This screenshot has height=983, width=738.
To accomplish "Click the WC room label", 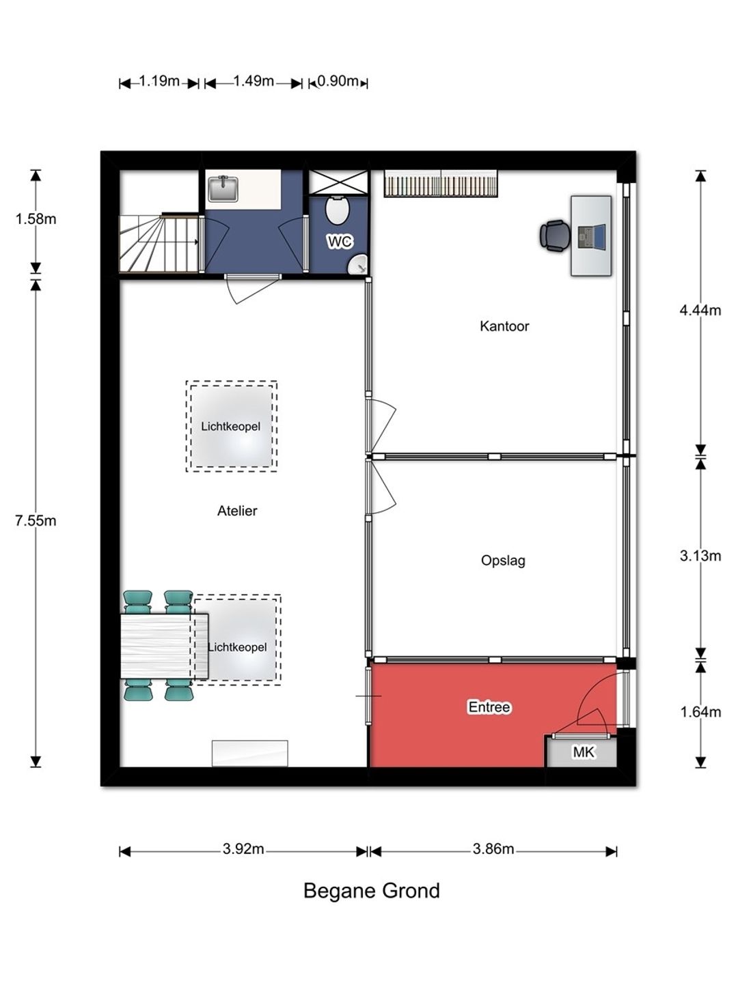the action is pyautogui.click(x=340, y=242).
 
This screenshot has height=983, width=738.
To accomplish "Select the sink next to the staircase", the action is pyautogui.click(x=223, y=188).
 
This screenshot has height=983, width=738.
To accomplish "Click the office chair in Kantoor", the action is pyautogui.click(x=554, y=235).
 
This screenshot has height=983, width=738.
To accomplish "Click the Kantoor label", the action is pyautogui.click(x=504, y=326).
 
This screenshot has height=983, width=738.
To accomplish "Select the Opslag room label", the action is pyautogui.click(x=503, y=560).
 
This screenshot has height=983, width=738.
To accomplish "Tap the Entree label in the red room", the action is pyautogui.click(x=489, y=707).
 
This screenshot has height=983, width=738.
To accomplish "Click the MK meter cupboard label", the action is pyautogui.click(x=584, y=752).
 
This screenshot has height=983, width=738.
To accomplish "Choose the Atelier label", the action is pyautogui.click(x=237, y=511).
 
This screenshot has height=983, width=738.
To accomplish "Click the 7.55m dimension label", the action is pyautogui.click(x=36, y=520).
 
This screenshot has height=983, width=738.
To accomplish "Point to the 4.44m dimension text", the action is pyautogui.click(x=700, y=310).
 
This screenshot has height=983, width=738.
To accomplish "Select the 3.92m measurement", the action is pyautogui.click(x=243, y=849).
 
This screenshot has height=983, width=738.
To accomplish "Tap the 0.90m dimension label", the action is pyautogui.click(x=338, y=81).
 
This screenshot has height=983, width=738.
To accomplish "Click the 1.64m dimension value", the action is pyautogui.click(x=700, y=711).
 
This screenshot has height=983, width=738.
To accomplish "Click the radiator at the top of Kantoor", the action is pyautogui.click(x=441, y=183).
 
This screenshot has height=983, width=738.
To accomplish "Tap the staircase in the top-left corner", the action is pyautogui.click(x=159, y=243).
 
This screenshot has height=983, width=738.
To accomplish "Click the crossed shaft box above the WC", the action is pyautogui.click(x=339, y=182).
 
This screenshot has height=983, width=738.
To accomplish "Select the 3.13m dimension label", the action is pyautogui.click(x=700, y=556).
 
